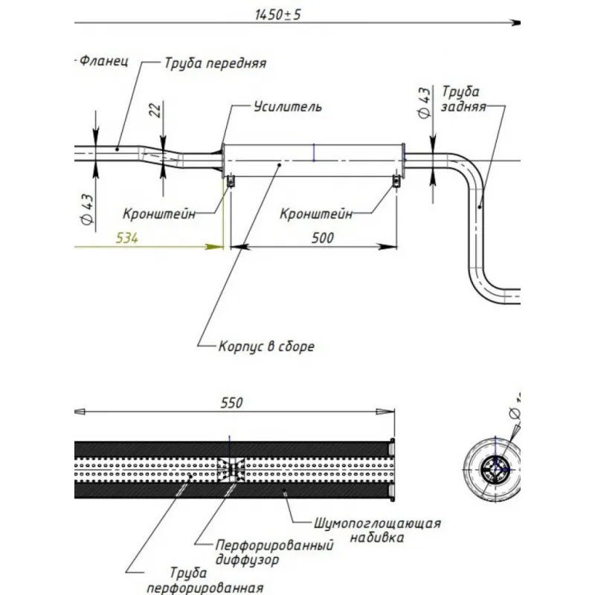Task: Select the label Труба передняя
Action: (215, 63)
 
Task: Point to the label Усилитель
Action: (287, 107)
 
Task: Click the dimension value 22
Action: (155, 110)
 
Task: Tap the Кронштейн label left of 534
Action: (160, 214)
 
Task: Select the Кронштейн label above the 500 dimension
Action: (316, 214)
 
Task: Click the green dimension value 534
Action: (128, 239)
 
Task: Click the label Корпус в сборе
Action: (266, 347)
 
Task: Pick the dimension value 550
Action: (231, 402)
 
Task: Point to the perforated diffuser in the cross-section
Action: (231, 469)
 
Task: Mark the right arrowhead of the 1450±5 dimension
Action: (515, 24)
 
